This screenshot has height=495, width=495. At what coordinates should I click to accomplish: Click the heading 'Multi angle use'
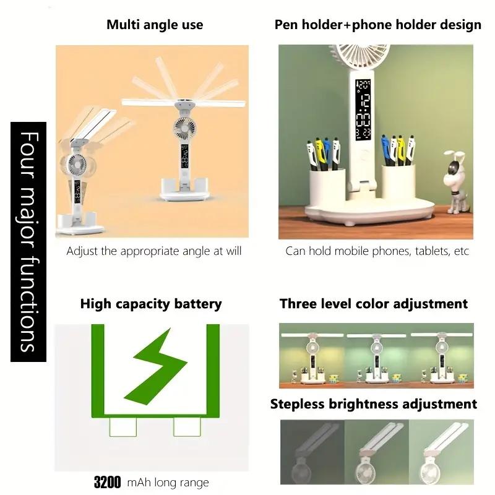(x=155, y=25)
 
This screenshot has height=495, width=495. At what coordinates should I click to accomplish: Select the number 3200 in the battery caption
(x=107, y=483)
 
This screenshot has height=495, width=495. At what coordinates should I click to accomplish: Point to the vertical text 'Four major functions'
(x=28, y=241)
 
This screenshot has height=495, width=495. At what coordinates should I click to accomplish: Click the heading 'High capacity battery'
(x=151, y=304)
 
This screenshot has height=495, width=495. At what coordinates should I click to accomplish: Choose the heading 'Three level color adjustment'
(x=374, y=304)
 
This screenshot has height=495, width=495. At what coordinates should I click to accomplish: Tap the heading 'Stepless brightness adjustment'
(x=374, y=404)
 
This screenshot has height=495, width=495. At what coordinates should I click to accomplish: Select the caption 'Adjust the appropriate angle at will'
(x=154, y=251)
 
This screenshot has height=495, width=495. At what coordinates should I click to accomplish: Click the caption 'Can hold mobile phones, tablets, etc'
(x=377, y=251)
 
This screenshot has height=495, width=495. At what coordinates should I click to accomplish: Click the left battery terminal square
(x=121, y=426)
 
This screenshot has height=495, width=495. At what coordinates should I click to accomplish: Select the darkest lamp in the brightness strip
(x=312, y=452)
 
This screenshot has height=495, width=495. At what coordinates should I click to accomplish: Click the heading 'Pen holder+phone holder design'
(x=377, y=25)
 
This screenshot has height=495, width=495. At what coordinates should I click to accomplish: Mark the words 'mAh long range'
(x=168, y=483)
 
